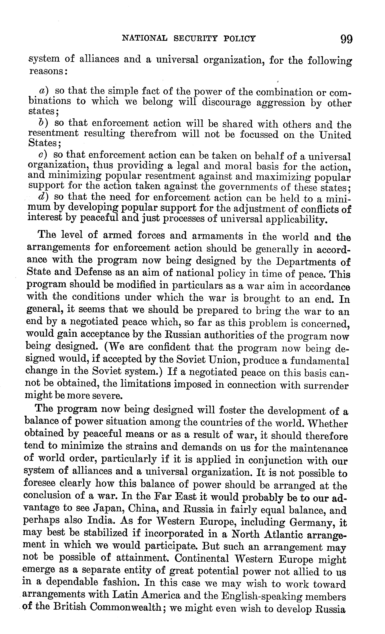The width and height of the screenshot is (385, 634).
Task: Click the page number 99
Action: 346,39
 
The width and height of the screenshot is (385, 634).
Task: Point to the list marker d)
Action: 44,197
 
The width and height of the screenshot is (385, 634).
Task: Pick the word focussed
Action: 259,135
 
